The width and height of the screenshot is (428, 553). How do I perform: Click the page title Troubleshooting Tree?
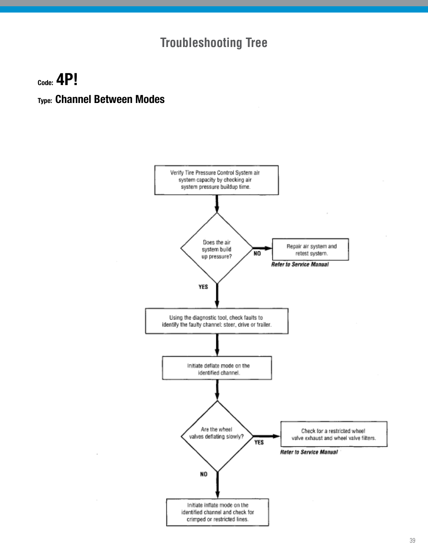click(x=214, y=43)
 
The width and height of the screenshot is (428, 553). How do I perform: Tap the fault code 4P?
click(x=67, y=80)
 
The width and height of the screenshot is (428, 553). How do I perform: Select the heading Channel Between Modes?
click(x=109, y=99)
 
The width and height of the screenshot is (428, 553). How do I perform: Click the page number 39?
click(x=412, y=540)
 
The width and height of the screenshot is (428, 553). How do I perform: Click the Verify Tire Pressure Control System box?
click(x=216, y=180)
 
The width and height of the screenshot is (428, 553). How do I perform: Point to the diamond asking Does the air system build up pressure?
click(x=217, y=249)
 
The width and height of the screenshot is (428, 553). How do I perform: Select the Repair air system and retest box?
click(x=310, y=249)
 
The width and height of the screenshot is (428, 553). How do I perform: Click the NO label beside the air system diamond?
click(x=257, y=253)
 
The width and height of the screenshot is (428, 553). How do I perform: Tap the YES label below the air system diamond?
click(x=203, y=287)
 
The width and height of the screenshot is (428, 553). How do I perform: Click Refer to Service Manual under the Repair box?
click(x=300, y=265)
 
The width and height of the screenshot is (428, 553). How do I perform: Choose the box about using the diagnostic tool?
click(x=216, y=321)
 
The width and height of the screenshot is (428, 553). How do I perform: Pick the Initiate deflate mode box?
click(x=217, y=369)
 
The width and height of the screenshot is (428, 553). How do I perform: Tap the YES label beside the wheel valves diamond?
click(x=259, y=442)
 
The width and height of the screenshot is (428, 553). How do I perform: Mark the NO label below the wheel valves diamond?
click(x=204, y=474)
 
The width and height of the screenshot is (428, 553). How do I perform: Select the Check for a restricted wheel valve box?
click(x=333, y=434)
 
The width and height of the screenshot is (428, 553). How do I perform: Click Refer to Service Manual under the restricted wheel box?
click(x=309, y=452)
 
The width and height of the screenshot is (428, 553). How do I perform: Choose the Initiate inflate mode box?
click(x=217, y=512)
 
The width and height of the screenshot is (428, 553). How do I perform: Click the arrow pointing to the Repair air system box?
click(x=263, y=248)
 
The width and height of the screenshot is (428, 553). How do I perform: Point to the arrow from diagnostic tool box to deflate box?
click(x=217, y=345)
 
